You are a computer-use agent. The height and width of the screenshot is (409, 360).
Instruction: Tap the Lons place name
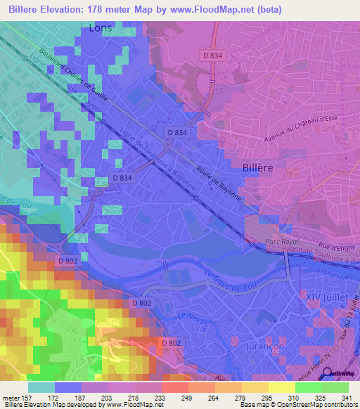click(x=101, y=28)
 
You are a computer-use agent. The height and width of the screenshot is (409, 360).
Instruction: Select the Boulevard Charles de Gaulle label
click(x=77, y=70)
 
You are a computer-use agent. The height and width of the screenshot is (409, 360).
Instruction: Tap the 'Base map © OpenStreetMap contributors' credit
click(x=297, y=405)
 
